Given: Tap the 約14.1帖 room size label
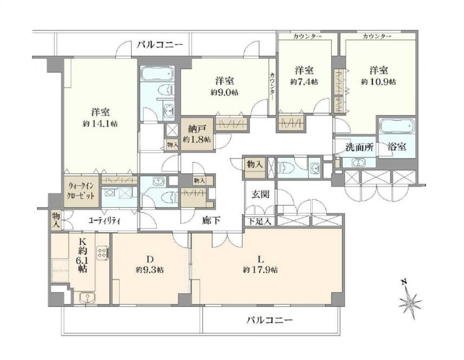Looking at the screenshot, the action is click(100, 124).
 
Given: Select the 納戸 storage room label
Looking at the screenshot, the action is click(197, 129).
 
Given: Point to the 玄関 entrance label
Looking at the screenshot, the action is click(260, 194).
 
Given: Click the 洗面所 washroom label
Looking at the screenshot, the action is click(360, 147).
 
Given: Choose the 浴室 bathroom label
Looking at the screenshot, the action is click(397, 147).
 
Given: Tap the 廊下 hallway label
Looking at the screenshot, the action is click(211, 220).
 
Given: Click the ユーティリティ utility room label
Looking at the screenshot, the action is click(104, 221).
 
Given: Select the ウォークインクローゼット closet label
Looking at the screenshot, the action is click(81, 191).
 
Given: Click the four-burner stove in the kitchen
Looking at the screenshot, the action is click(103, 253).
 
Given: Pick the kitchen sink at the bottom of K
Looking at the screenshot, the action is click(87, 297).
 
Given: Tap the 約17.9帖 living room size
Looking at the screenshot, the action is click(260, 270).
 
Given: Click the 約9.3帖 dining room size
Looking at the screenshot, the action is click(150, 270).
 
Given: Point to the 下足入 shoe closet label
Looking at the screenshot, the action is click(259, 221).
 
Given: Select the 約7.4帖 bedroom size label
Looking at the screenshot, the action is click(304, 82).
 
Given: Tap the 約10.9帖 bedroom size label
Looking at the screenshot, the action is click(378, 82).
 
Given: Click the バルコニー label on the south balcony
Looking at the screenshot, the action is click(270, 320).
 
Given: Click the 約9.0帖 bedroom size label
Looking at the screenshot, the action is click(224, 93).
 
